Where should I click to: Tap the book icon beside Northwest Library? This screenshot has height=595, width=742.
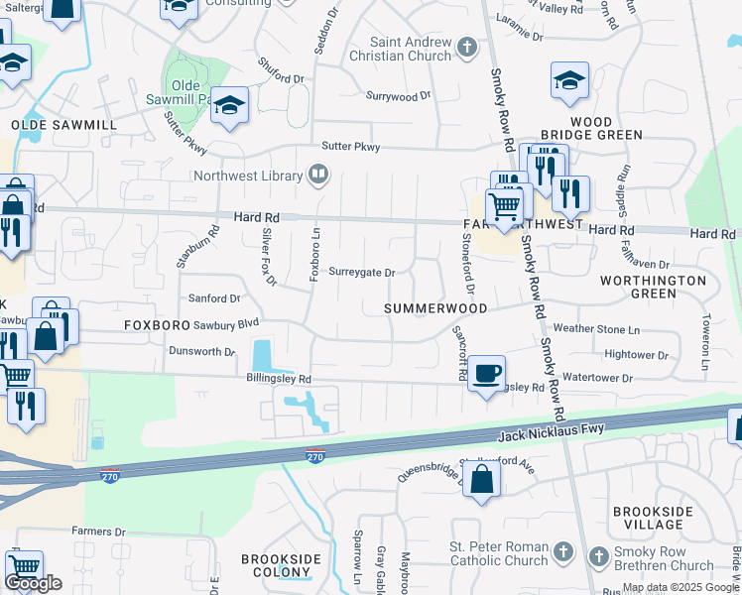click(318, 177)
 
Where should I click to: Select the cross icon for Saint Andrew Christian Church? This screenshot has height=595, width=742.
click(467, 47)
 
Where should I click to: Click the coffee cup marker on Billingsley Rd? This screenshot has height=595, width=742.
click(486, 374)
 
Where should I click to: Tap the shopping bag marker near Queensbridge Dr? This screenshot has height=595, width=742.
click(481, 480)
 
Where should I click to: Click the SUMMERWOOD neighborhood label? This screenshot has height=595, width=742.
click(436, 308)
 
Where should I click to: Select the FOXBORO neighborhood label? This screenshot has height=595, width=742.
click(156, 325)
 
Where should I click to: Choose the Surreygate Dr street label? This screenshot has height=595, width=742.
click(362, 273)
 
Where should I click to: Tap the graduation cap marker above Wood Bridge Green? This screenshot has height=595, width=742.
click(570, 81)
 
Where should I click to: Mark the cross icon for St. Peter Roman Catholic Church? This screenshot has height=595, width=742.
click(562, 551)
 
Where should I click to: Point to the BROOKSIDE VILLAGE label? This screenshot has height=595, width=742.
click(652, 518)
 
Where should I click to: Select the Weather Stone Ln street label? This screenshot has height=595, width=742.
click(596, 328)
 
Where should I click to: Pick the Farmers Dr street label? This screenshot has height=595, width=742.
click(99, 533)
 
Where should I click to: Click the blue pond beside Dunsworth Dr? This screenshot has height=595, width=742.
click(263, 354)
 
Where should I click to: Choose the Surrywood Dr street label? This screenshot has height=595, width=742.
click(399, 96)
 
